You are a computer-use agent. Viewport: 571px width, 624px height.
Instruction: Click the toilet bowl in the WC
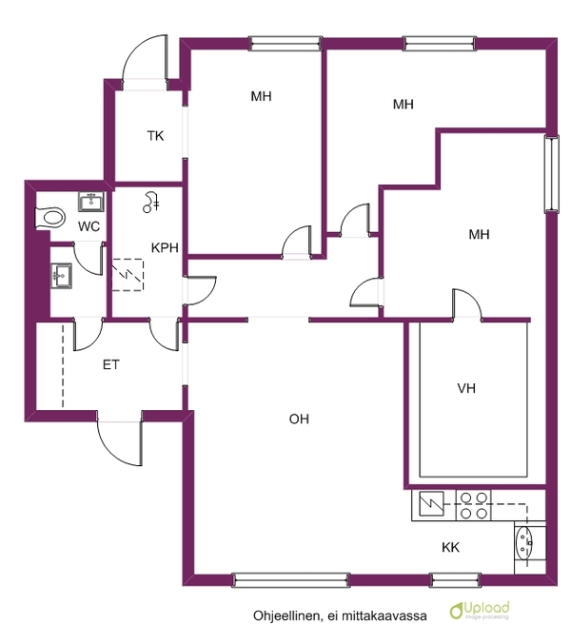point(50,218)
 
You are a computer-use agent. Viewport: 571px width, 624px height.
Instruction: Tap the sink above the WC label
point(91,202)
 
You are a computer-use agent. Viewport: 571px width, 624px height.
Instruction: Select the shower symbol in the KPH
point(150,203)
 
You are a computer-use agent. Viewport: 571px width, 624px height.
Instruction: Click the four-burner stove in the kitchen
point(473,505)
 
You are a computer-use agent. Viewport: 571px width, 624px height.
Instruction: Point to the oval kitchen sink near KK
point(523,542)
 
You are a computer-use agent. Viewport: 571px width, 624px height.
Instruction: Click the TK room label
point(155,136)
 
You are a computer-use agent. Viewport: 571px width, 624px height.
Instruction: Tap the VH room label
point(466,388)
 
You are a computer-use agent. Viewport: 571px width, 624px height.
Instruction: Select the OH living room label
point(299,419)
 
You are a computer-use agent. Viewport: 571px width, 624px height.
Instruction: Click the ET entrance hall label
point(110,364)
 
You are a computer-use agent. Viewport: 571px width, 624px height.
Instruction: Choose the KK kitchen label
point(451,547)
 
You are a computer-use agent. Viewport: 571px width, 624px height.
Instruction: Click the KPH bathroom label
point(165,247)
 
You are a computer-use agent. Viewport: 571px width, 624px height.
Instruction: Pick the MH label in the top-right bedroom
point(404,105)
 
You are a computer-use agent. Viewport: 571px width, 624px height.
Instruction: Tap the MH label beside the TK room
point(261,96)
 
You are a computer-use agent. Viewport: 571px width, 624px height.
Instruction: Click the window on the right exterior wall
point(551,173)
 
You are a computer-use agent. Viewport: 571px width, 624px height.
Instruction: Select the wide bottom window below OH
point(291,580)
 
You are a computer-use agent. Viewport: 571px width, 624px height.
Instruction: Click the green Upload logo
point(480,610)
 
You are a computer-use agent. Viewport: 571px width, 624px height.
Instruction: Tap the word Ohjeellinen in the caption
point(286,615)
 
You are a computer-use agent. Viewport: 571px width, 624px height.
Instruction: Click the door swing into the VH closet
point(466,303)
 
